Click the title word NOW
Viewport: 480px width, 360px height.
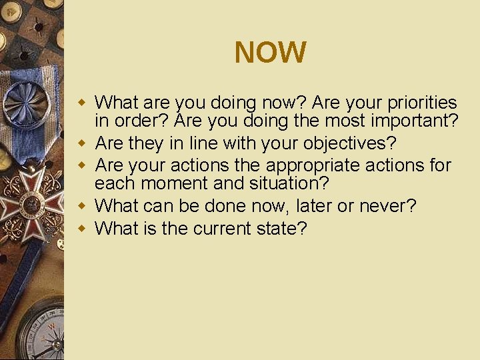[x=270, y=53]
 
